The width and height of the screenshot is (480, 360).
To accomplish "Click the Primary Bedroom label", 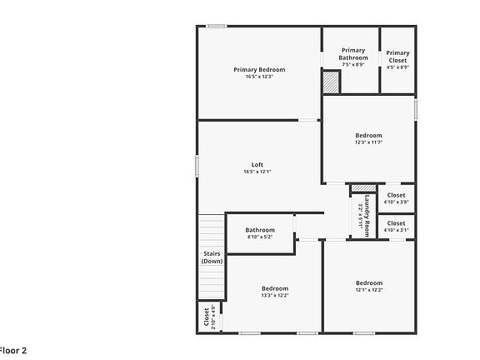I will click(x=259, y=69).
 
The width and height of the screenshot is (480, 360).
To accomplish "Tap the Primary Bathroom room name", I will click(x=352, y=54).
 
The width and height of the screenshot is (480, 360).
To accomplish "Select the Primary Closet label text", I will click(x=397, y=56).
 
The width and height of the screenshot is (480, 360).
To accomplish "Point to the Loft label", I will click(x=258, y=164).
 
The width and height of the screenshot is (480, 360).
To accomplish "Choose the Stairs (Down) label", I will click(x=212, y=257).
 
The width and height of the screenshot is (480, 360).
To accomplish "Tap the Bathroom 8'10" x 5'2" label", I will click(x=260, y=230).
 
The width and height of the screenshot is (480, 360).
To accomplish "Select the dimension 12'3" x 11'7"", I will click(x=368, y=142).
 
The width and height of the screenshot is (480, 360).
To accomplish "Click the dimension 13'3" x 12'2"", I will click(x=275, y=296).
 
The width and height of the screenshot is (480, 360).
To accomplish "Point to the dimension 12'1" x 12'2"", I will click(x=369, y=290).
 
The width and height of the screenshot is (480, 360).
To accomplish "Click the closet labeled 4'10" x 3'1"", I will click(x=396, y=226).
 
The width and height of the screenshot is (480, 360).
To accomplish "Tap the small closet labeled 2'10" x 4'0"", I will click(x=206, y=317).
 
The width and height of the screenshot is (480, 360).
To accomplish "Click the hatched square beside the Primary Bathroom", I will click(x=332, y=82).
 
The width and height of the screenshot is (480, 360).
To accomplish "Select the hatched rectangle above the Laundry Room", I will click(x=362, y=187).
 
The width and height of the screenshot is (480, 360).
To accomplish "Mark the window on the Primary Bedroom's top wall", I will click(x=217, y=27).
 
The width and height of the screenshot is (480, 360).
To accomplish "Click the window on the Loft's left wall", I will click(x=197, y=166).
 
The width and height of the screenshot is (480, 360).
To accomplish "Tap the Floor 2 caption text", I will click(x=13, y=350).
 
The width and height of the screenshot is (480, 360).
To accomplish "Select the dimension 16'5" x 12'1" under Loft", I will click(x=258, y=172).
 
